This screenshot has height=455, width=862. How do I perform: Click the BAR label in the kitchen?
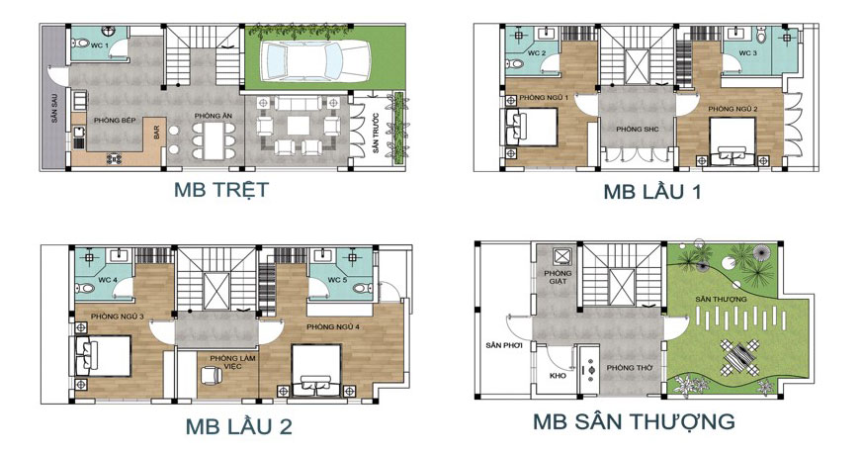156,130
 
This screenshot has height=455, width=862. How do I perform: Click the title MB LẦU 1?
652,193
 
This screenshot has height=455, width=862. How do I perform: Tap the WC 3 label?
747,53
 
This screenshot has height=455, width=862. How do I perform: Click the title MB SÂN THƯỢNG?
634,422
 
